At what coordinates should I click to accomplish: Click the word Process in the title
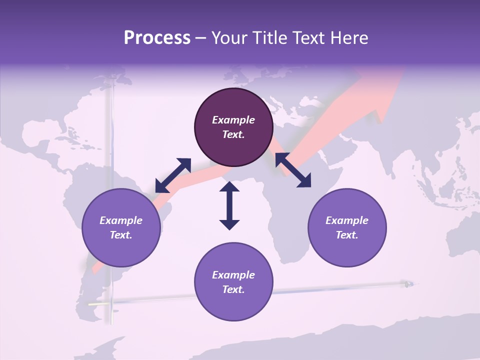157,38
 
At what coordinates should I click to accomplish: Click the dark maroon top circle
233,127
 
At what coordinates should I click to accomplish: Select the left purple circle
121,227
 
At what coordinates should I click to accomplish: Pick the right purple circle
347,227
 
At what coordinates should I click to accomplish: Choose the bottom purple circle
233,282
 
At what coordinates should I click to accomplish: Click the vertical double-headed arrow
229,205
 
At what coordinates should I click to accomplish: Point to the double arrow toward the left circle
173,175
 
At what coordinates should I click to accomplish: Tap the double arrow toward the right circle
293,169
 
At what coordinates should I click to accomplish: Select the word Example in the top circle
233,120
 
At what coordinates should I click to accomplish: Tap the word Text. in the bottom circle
233,289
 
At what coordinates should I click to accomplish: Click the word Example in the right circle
347,220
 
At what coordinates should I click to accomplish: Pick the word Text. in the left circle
121,235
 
